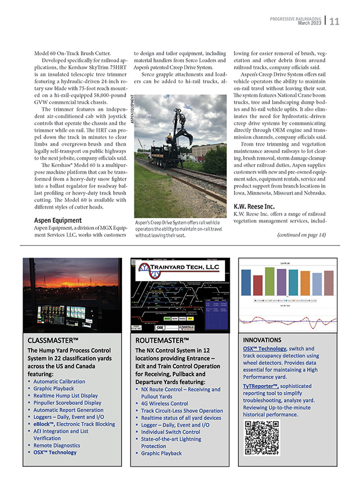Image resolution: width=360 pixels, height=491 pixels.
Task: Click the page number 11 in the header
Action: click(335, 22)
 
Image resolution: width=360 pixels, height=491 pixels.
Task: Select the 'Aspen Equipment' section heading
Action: click(58, 220)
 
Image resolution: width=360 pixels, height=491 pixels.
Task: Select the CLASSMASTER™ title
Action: click(53, 340)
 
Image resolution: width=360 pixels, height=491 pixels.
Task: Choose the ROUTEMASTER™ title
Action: click(161, 340)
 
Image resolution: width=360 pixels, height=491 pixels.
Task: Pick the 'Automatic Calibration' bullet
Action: click(59, 381)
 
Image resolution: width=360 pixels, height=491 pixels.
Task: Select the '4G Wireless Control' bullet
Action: click(164, 403)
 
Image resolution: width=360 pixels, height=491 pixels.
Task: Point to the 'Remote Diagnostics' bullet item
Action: click(58, 445)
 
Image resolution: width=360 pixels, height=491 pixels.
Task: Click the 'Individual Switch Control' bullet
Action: click(170, 432)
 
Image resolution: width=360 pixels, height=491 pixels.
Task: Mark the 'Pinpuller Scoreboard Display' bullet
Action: click(67, 403)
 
